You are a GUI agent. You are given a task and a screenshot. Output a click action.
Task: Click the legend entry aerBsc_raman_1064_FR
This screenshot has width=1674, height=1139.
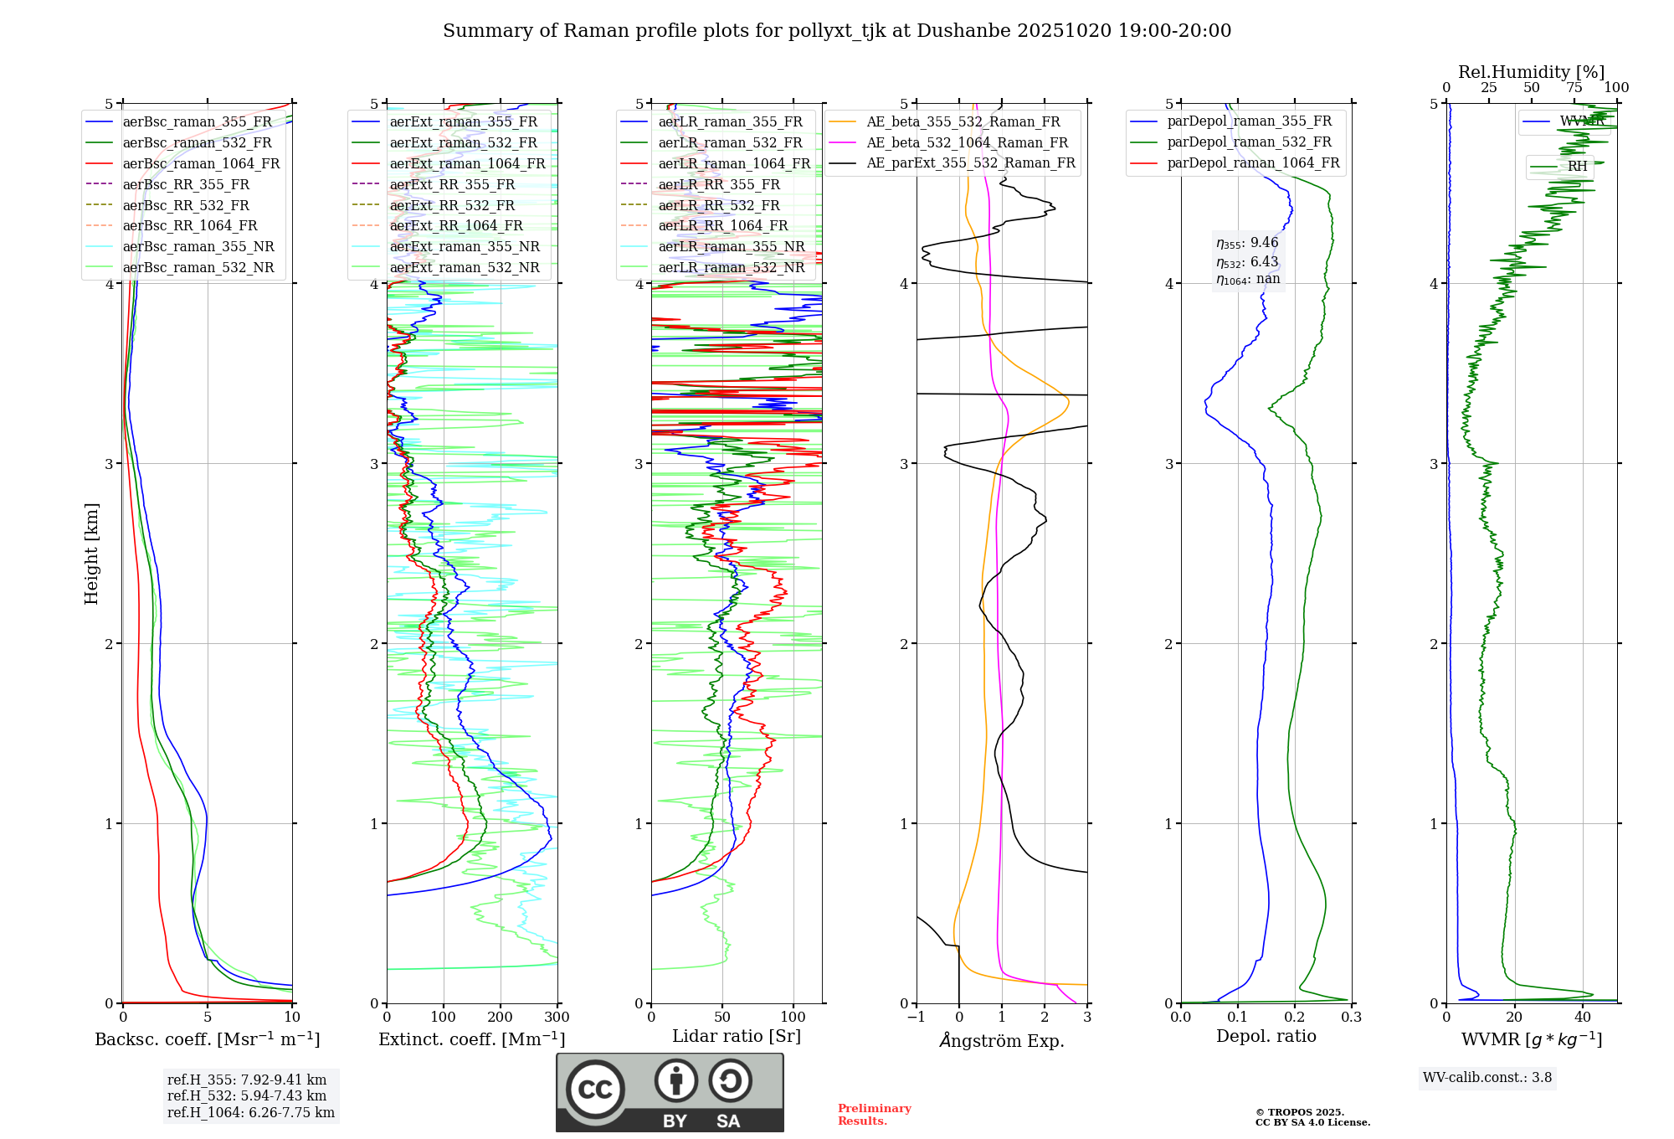[x=201, y=163]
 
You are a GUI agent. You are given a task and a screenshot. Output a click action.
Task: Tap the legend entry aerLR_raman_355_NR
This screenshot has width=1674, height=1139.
[x=731, y=246]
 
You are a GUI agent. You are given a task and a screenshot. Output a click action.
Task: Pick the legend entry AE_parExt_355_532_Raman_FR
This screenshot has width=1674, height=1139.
[x=971, y=162]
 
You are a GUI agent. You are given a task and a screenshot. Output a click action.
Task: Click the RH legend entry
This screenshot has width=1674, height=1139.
[x=1577, y=166]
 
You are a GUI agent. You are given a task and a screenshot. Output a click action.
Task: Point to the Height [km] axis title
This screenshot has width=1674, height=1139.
[x=91, y=554]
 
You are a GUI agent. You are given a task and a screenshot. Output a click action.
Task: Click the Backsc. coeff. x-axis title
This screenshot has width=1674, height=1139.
[x=207, y=1039]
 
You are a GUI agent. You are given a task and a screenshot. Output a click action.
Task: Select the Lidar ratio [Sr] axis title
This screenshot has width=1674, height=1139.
[x=737, y=1036]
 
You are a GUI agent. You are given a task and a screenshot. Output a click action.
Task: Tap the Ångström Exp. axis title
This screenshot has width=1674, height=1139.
[x=1002, y=1040]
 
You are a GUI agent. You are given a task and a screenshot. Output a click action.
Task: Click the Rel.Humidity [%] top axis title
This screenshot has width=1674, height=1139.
[x=1531, y=72]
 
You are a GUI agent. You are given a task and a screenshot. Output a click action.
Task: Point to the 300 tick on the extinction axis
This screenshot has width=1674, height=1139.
[x=557, y=1018]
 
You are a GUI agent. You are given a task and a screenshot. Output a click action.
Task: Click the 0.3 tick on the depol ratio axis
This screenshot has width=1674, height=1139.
[x=1351, y=1018]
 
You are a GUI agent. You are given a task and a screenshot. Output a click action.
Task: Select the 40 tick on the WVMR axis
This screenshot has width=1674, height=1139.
[x=1583, y=1018]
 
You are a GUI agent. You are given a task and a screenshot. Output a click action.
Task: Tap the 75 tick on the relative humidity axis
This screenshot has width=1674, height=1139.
[x=1574, y=88]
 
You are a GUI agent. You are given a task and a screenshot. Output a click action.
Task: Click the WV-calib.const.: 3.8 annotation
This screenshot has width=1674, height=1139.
[x=1487, y=1077]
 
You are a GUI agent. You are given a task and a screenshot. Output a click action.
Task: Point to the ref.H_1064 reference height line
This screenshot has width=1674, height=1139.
[x=250, y=1113]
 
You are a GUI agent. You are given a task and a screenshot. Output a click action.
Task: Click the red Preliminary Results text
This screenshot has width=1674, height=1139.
[x=874, y=1115]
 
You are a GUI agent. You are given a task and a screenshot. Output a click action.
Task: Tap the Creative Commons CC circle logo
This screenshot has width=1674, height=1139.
[x=595, y=1089]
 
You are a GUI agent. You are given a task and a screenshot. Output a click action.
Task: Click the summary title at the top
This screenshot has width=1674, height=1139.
[x=837, y=31]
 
